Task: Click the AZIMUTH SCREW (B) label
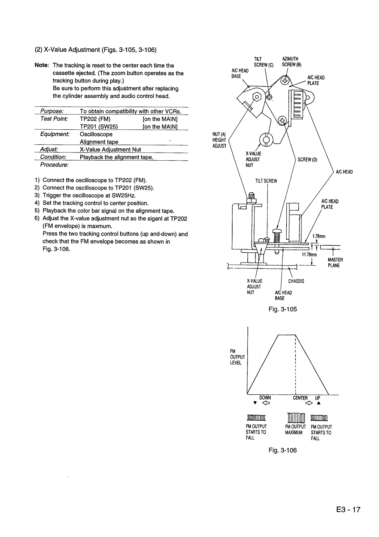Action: coord(290,62)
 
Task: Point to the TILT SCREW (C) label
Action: coord(268,62)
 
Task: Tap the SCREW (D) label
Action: coord(307,160)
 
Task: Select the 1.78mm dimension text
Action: coord(319,236)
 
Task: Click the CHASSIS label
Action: coord(296,281)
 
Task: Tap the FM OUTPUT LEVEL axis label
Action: coord(236,357)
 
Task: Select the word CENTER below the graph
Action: coord(300,398)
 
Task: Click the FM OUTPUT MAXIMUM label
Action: coord(295,429)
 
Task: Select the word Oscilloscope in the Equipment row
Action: coord(96,134)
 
